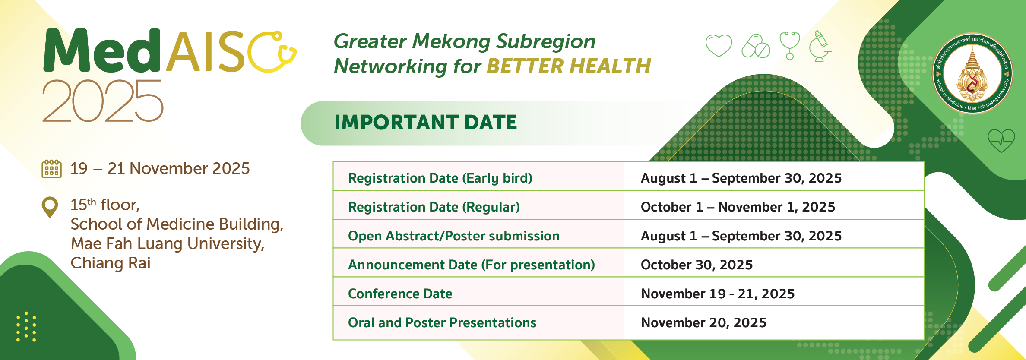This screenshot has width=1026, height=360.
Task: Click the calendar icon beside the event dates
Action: point(51,168)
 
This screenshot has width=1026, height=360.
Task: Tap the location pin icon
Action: point(50,207)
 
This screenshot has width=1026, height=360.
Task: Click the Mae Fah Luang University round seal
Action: point(972,73)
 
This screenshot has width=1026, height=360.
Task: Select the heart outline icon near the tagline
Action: point(719,45)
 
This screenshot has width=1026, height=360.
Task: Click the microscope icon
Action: point(820,46)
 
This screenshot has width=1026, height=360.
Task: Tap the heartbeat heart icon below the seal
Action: point(1001,140)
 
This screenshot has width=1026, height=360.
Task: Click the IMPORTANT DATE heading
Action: point(426,123)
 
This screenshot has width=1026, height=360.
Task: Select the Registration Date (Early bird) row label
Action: point(440,178)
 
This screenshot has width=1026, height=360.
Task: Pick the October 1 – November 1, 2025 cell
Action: point(738,207)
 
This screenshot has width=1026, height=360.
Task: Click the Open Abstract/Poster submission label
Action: point(454,236)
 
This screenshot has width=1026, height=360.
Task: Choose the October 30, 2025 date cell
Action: point(697,265)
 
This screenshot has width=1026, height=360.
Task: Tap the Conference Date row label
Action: point(400,294)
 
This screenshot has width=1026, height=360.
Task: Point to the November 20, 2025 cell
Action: point(703,322)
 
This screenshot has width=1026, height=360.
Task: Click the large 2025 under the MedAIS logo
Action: point(103,101)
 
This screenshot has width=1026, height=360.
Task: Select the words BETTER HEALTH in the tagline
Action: point(569,66)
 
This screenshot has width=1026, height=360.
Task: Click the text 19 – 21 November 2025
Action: point(160,168)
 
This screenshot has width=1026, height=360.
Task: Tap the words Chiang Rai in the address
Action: point(111,263)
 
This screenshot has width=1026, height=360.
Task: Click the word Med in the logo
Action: point(102,51)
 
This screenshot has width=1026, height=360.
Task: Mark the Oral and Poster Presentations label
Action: point(442,322)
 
